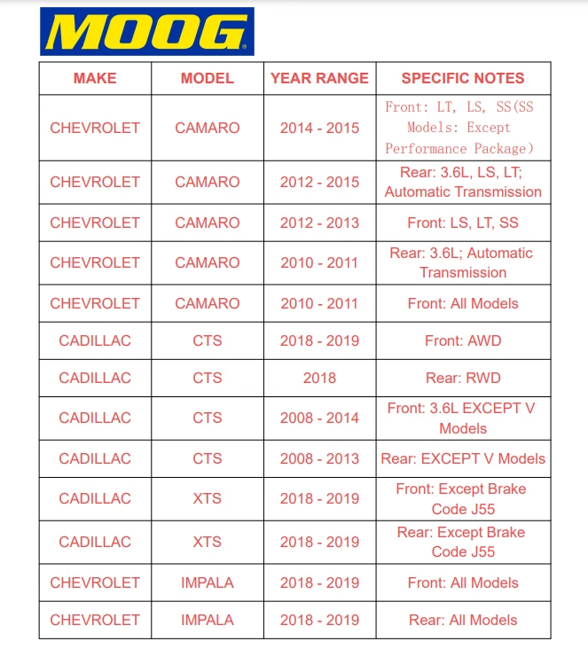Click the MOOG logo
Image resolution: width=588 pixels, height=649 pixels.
(x=146, y=32)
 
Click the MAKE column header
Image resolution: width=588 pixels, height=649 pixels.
(x=95, y=78)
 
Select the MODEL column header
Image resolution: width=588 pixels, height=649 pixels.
(x=207, y=78)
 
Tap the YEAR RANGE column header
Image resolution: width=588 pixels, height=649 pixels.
(x=319, y=78)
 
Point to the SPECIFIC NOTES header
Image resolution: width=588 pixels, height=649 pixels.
(x=463, y=78)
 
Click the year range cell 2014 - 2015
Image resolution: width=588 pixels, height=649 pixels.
(x=319, y=128)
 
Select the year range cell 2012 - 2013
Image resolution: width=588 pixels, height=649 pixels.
(x=319, y=223)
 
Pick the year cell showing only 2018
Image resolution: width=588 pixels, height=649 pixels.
(x=319, y=378)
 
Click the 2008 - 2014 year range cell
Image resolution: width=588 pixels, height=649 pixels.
(x=319, y=418)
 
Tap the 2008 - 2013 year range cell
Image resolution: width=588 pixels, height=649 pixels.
(x=319, y=458)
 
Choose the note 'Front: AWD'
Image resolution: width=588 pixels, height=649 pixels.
(x=463, y=340)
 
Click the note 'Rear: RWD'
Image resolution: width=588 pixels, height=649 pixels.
(x=463, y=378)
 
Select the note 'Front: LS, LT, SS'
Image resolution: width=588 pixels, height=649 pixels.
(x=463, y=223)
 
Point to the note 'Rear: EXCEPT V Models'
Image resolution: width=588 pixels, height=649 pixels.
(x=463, y=458)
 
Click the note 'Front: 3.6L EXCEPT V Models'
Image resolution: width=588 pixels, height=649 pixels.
(x=463, y=418)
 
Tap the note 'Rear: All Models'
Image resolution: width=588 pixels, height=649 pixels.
(x=463, y=620)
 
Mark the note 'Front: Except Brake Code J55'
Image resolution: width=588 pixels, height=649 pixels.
(x=463, y=498)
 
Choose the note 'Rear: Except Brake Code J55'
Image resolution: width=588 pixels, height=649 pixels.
(x=463, y=542)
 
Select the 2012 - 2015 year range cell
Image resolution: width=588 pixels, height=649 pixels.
(x=319, y=182)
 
